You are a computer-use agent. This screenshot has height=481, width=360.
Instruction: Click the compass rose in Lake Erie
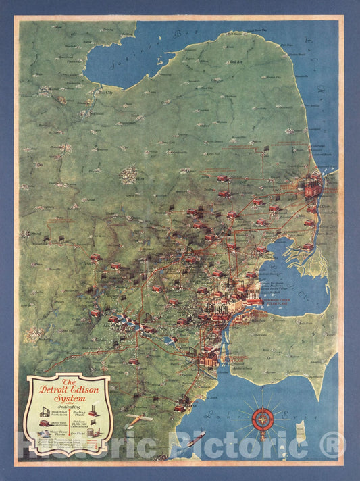263,418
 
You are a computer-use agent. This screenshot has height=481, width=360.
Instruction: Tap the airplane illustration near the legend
139,420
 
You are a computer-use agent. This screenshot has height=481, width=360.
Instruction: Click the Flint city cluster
128,176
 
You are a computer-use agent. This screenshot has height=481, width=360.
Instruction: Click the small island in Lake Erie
301,430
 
